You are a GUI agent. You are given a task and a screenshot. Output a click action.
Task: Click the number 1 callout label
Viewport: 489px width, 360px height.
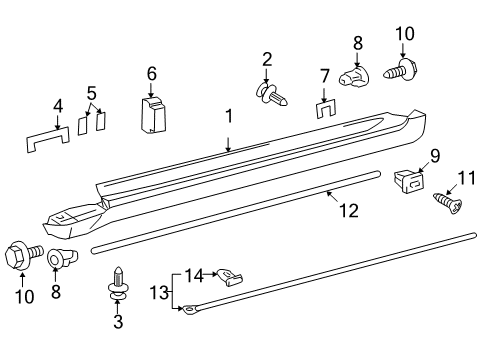click(229, 117)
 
